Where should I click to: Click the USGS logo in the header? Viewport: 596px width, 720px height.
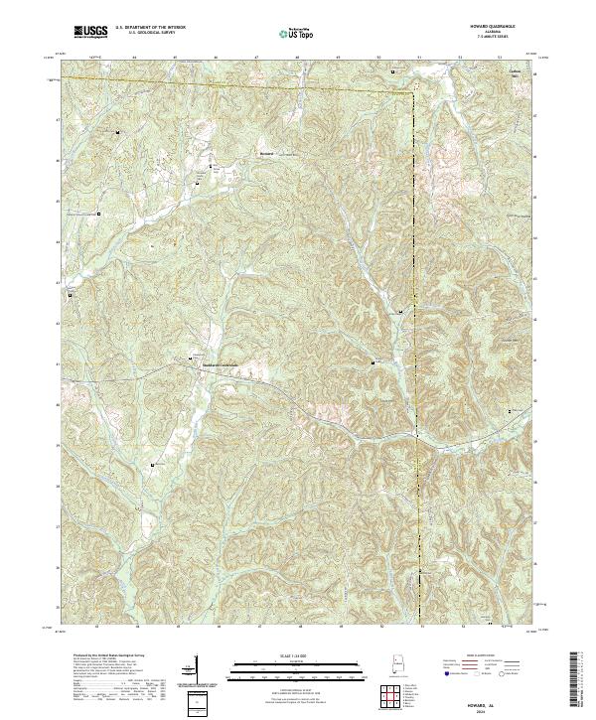click(90, 33)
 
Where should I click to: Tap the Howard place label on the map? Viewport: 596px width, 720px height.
click(265, 154)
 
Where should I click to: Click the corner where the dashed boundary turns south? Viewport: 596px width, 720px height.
click(412, 92)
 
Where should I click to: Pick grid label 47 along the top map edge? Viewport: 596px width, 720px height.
click(256, 59)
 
